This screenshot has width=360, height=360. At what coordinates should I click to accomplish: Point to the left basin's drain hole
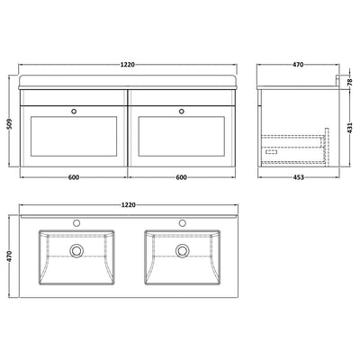click(77, 251)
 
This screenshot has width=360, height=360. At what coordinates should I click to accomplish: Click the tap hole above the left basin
click(77, 221)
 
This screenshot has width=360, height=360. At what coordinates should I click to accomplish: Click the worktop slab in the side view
click(297, 82)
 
